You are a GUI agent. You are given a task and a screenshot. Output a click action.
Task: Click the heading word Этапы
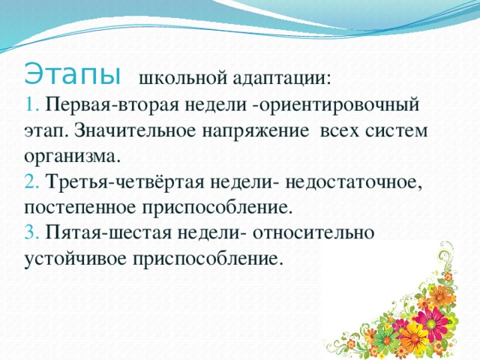(72, 76)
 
